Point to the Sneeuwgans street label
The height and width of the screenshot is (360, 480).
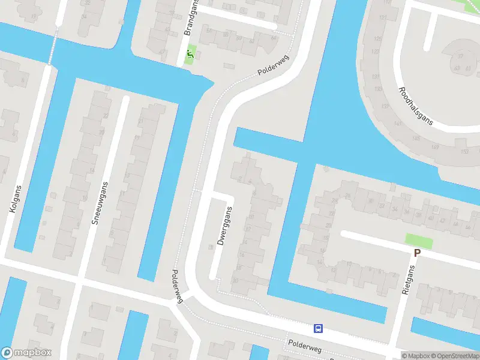(x=100, y=203)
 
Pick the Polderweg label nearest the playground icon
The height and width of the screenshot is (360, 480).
(x=273, y=66)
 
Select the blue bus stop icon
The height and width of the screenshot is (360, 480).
(x=318, y=328)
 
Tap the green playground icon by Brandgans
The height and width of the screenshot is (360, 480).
(x=190, y=56)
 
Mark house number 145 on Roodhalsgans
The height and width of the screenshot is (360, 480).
(x=416, y=139)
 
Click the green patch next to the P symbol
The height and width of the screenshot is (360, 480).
(x=419, y=241)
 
